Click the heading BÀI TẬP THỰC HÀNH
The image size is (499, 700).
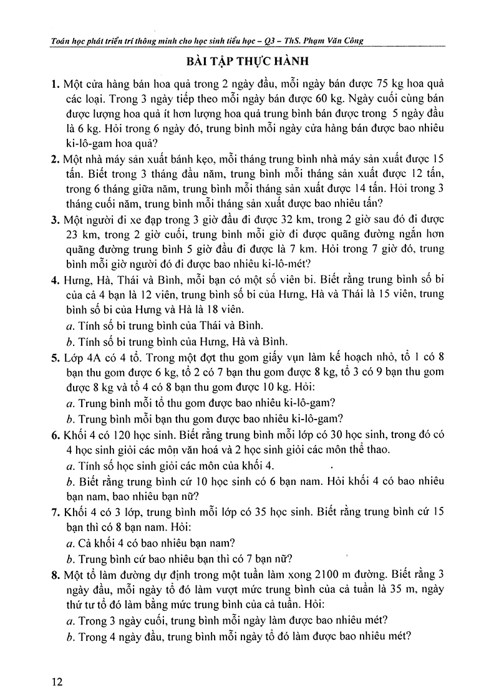point(249,63)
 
